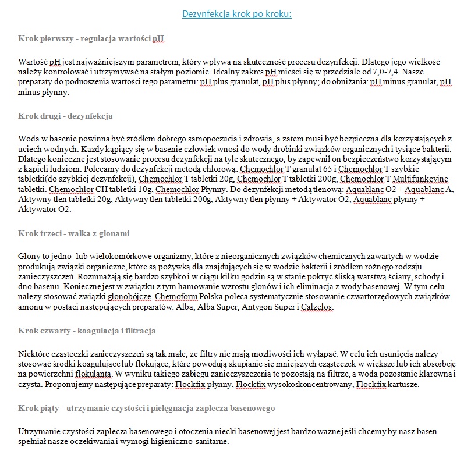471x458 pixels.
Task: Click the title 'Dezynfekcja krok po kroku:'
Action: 236,13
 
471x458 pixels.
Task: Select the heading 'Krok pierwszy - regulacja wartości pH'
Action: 91,39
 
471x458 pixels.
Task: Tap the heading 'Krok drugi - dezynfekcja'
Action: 65,116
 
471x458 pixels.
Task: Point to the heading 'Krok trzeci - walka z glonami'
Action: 74,233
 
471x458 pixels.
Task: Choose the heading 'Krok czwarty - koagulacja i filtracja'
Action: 87,331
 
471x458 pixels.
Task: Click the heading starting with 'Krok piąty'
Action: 146,409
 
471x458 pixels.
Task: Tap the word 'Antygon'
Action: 257,307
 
